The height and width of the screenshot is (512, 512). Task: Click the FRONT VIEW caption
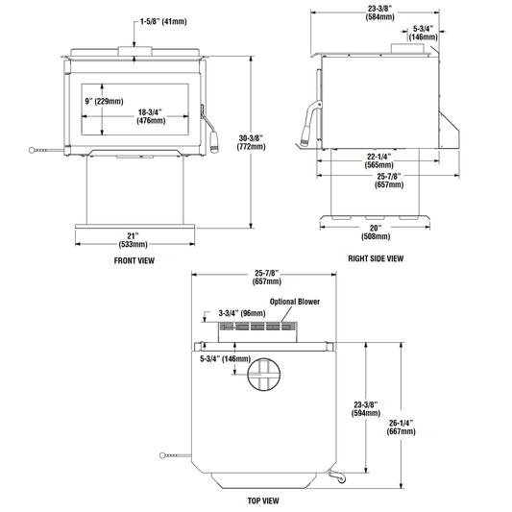pyautogui.click(x=134, y=260)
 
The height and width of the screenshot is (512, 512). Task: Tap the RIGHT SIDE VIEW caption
pyautogui.click(x=376, y=258)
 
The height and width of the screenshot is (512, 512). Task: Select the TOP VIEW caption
pyautogui.click(x=263, y=500)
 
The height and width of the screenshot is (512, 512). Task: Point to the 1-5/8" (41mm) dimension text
pyautogui.click(x=163, y=22)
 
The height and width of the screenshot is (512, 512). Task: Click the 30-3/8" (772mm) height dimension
pyautogui.click(x=251, y=142)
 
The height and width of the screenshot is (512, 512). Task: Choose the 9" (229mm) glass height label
pyautogui.click(x=104, y=101)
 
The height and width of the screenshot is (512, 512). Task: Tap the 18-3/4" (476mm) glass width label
pyautogui.click(x=151, y=116)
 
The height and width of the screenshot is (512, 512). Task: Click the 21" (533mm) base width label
pyautogui.click(x=133, y=240)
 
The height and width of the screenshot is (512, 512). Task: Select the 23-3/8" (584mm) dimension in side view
pyautogui.click(x=379, y=12)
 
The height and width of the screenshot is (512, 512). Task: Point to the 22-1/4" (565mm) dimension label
pyautogui.click(x=378, y=160)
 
